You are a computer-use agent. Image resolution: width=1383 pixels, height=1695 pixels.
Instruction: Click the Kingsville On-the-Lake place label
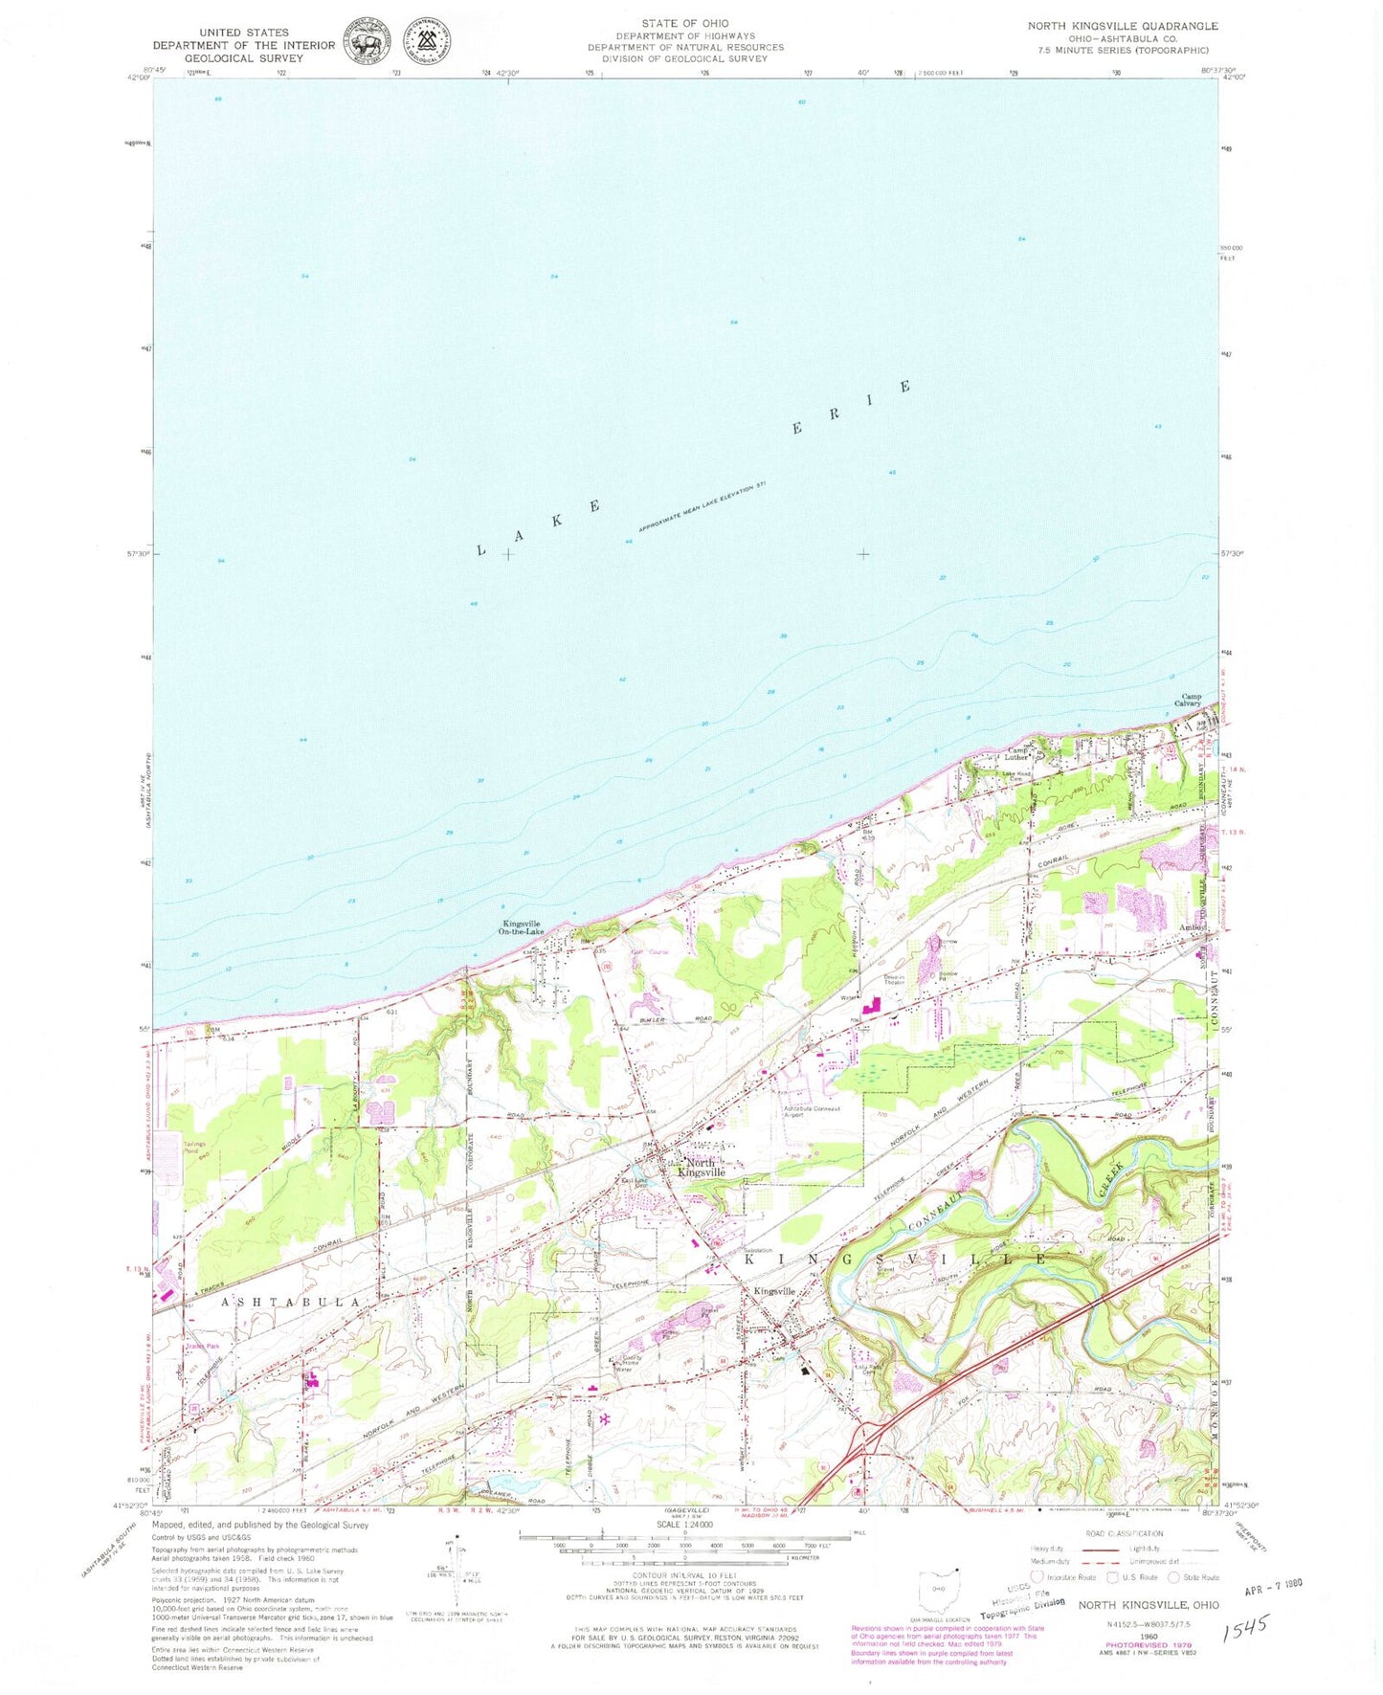(x=523, y=927)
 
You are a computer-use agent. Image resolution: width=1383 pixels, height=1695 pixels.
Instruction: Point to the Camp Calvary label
(x=1190, y=700)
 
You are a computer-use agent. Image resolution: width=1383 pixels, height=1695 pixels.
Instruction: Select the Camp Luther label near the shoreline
(x=1016, y=753)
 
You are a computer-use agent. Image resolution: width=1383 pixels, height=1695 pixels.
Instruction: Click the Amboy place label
(x=1192, y=928)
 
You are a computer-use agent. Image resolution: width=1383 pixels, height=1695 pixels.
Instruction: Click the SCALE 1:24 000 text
(x=684, y=1525)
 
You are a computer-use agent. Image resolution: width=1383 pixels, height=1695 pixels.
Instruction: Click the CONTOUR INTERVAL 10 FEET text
(x=685, y=1572)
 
